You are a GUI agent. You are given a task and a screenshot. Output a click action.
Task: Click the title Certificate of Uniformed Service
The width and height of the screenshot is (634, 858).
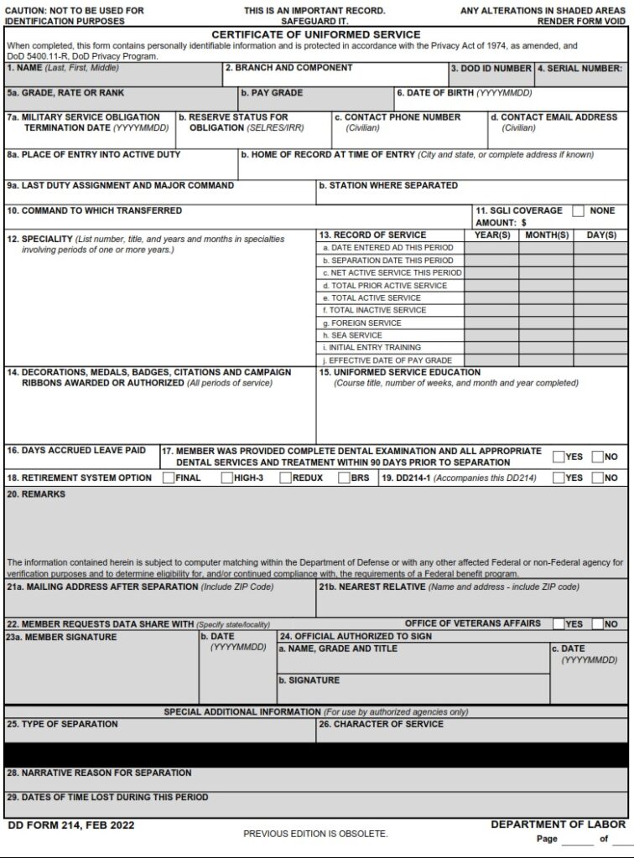click(x=316, y=34)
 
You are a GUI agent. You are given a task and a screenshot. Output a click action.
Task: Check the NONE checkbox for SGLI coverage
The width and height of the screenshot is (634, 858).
click(x=579, y=211)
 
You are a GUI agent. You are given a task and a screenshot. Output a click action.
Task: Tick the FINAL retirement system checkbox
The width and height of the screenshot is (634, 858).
click(x=169, y=478)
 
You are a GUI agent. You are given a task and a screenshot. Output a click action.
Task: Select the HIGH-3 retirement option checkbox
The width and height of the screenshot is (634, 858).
click(x=227, y=478)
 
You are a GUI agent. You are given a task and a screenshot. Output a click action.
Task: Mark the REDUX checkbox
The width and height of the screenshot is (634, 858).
click(x=286, y=478)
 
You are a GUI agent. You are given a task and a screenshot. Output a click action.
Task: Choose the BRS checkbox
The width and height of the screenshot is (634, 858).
click(x=344, y=478)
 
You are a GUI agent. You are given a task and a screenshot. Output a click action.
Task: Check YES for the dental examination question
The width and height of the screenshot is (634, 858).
click(x=559, y=457)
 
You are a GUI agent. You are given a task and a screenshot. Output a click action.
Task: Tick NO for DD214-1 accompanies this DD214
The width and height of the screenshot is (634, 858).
click(x=597, y=478)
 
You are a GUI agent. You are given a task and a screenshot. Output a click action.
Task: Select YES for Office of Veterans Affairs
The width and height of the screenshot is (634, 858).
click(x=559, y=624)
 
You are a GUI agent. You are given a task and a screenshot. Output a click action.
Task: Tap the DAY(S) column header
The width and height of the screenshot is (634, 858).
click(x=600, y=235)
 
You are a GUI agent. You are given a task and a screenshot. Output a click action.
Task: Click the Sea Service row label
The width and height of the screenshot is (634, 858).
click(x=356, y=335)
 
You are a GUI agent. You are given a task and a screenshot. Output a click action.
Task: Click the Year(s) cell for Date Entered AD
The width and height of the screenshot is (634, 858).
click(x=491, y=248)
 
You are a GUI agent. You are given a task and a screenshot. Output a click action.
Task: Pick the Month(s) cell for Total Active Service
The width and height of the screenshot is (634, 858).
click(x=546, y=297)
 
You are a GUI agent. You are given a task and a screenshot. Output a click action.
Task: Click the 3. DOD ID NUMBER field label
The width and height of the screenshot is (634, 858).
click(x=491, y=69)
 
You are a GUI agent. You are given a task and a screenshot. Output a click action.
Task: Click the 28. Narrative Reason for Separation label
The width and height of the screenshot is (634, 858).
click(x=99, y=773)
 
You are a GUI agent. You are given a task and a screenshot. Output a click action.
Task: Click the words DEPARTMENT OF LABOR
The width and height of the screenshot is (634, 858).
click(x=558, y=824)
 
